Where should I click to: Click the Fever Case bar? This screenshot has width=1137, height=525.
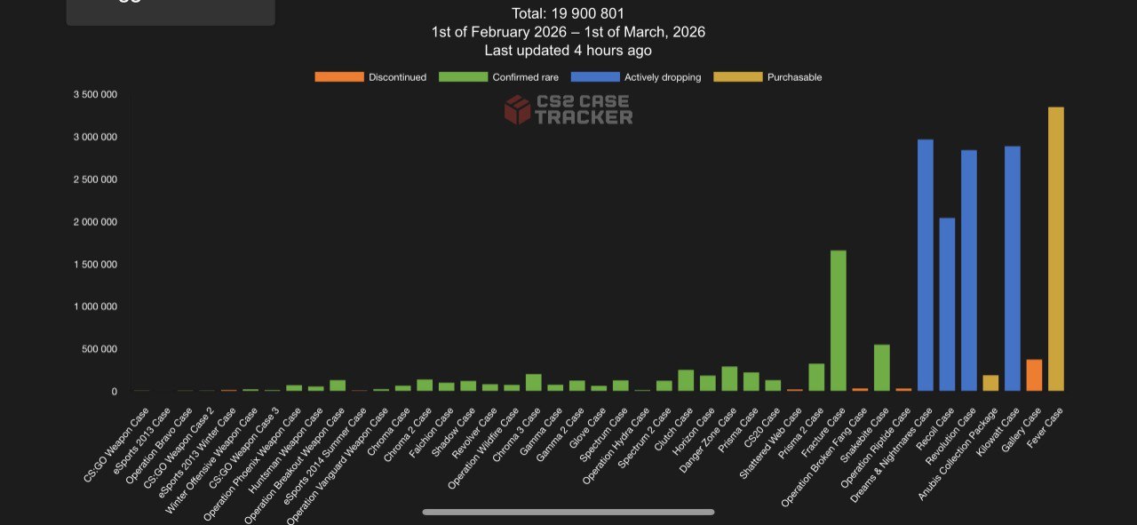click(x=1055, y=249)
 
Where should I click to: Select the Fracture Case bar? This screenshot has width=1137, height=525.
click(x=838, y=321)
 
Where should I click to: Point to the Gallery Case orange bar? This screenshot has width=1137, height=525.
click(x=1034, y=375)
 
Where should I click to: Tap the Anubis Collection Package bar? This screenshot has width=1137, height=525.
click(x=990, y=383)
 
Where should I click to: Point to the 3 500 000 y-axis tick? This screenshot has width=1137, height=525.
click(x=95, y=94)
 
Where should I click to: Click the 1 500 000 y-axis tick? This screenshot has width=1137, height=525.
click(x=95, y=264)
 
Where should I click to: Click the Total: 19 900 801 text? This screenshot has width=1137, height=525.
click(x=568, y=13)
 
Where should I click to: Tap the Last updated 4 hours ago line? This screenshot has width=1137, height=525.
click(x=568, y=51)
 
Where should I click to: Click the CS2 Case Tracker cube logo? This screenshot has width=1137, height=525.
click(x=517, y=110)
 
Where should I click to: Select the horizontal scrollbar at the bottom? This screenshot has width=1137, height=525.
click(x=568, y=512)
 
